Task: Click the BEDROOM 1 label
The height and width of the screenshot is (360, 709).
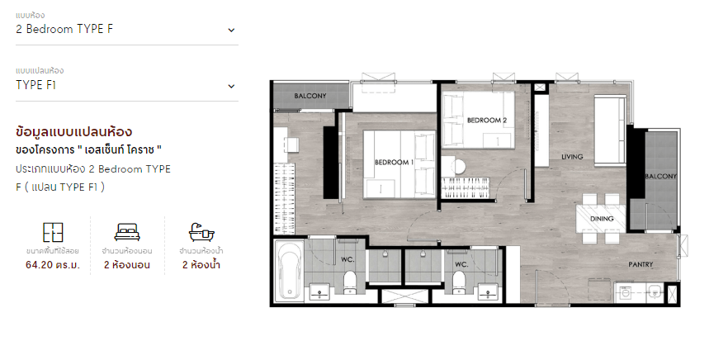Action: (394, 163)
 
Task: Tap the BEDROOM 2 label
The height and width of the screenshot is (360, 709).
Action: (487, 121)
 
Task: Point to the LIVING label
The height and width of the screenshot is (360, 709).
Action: (572, 157)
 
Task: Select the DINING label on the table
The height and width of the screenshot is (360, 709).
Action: (602, 219)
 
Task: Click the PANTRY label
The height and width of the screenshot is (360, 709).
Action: (640, 264)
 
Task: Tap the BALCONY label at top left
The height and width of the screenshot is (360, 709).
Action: (310, 96)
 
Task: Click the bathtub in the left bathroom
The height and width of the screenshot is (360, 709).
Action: (289, 271)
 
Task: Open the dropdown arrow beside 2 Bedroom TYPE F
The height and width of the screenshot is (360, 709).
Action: (231, 31)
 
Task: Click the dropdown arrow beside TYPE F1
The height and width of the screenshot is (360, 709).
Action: (231, 87)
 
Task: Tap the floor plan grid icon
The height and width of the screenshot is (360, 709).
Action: (53, 233)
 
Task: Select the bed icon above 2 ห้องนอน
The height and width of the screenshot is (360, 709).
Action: (127, 232)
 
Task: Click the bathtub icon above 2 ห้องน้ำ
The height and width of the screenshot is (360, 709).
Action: (201, 232)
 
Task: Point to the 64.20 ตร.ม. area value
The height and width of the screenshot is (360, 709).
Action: (53, 265)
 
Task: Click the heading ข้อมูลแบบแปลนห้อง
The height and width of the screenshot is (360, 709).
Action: (73, 132)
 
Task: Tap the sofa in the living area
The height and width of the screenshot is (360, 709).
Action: (609, 130)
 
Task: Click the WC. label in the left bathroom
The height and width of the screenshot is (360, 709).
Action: (347, 259)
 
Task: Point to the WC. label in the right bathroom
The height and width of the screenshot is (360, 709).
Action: (461, 264)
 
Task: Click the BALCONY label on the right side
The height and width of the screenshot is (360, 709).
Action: (660, 177)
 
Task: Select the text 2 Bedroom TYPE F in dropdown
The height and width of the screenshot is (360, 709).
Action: (64, 30)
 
